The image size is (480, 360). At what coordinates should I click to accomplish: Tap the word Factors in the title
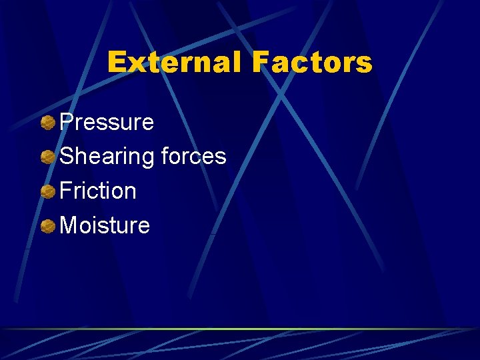point(311,63)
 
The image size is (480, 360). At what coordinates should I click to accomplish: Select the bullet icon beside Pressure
point(47,123)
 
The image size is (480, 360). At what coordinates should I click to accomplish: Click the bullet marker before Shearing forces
point(47,157)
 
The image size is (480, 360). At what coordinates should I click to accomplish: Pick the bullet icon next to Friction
point(47,192)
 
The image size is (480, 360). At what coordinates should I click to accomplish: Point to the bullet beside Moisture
point(47,227)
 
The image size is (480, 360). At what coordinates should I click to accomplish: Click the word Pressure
point(107,123)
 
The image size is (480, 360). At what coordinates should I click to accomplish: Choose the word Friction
point(98,191)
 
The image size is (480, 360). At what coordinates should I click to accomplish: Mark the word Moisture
point(105,225)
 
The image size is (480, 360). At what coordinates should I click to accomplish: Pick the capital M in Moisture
point(69,225)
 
